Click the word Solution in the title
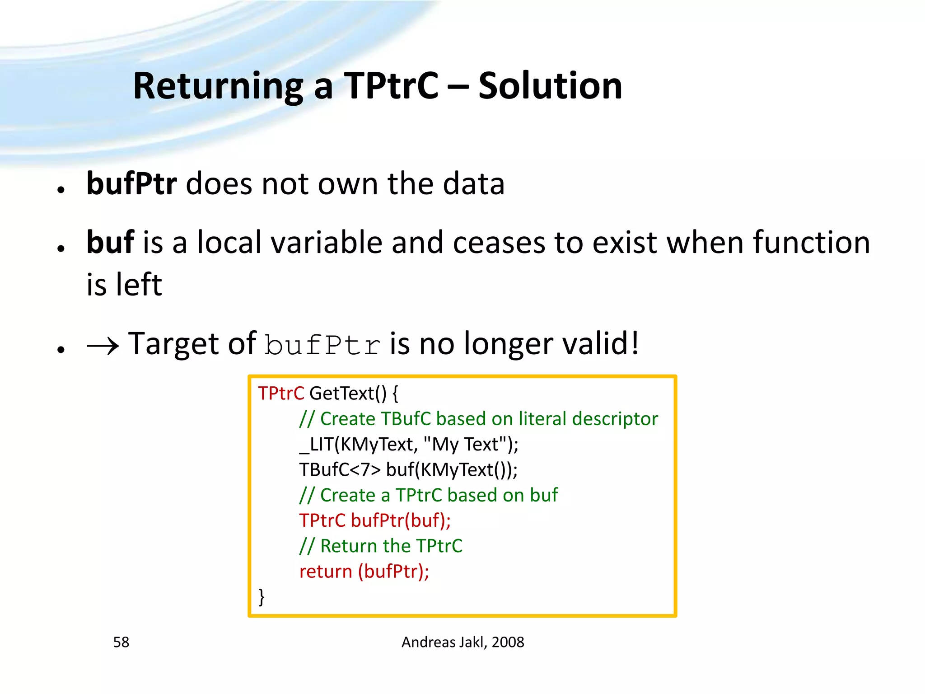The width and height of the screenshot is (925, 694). [x=550, y=86]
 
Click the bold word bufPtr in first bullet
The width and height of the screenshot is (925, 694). [x=131, y=184]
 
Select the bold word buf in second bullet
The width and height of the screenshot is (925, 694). [x=110, y=243]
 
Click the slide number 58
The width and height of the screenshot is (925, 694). [x=121, y=642]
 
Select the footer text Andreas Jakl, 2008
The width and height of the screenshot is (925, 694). [x=462, y=642]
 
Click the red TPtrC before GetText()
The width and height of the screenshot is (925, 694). [x=281, y=394]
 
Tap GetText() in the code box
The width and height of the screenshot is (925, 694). [x=348, y=394]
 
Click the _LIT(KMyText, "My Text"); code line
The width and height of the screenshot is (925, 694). [x=409, y=445]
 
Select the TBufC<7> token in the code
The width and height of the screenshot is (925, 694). [x=340, y=470]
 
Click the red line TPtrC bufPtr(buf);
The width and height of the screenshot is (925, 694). [x=375, y=520]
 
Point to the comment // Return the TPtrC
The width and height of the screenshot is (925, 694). [x=381, y=546]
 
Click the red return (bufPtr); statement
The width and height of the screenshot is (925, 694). [x=364, y=572]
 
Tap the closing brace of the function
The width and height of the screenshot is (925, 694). [x=262, y=597]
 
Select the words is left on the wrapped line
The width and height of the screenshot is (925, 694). [x=124, y=285]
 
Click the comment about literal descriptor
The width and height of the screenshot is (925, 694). [x=478, y=419]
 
